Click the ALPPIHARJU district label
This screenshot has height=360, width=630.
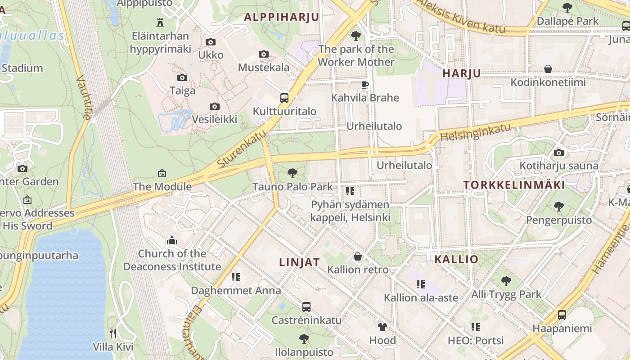click(x=281, y=18)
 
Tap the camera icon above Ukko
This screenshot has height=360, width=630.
click(x=210, y=42)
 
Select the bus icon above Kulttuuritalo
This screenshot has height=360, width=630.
click(x=284, y=98)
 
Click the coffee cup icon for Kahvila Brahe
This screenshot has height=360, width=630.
click(x=365, y=85)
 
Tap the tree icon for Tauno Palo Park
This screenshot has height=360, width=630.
click(x=292, y=173)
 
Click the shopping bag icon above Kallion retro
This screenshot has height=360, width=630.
click(x=358, y=256)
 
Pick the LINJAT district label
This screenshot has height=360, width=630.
click(x=299, y=262)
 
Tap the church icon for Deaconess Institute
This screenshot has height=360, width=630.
click(x=172, y=241)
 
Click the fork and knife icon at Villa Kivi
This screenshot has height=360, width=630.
click(x=113, y=333)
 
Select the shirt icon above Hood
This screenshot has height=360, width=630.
click(x=382, y=327)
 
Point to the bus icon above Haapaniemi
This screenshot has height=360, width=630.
click(x=562, y=315)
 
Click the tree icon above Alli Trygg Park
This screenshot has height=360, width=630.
click(x=506, y=281)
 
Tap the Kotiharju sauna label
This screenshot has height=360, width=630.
click(x=559, y=166)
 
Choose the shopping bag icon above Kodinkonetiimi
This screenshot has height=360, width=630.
click(x=548, y=69)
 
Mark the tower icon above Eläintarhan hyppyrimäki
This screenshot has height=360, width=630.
click(x=160, y=22)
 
